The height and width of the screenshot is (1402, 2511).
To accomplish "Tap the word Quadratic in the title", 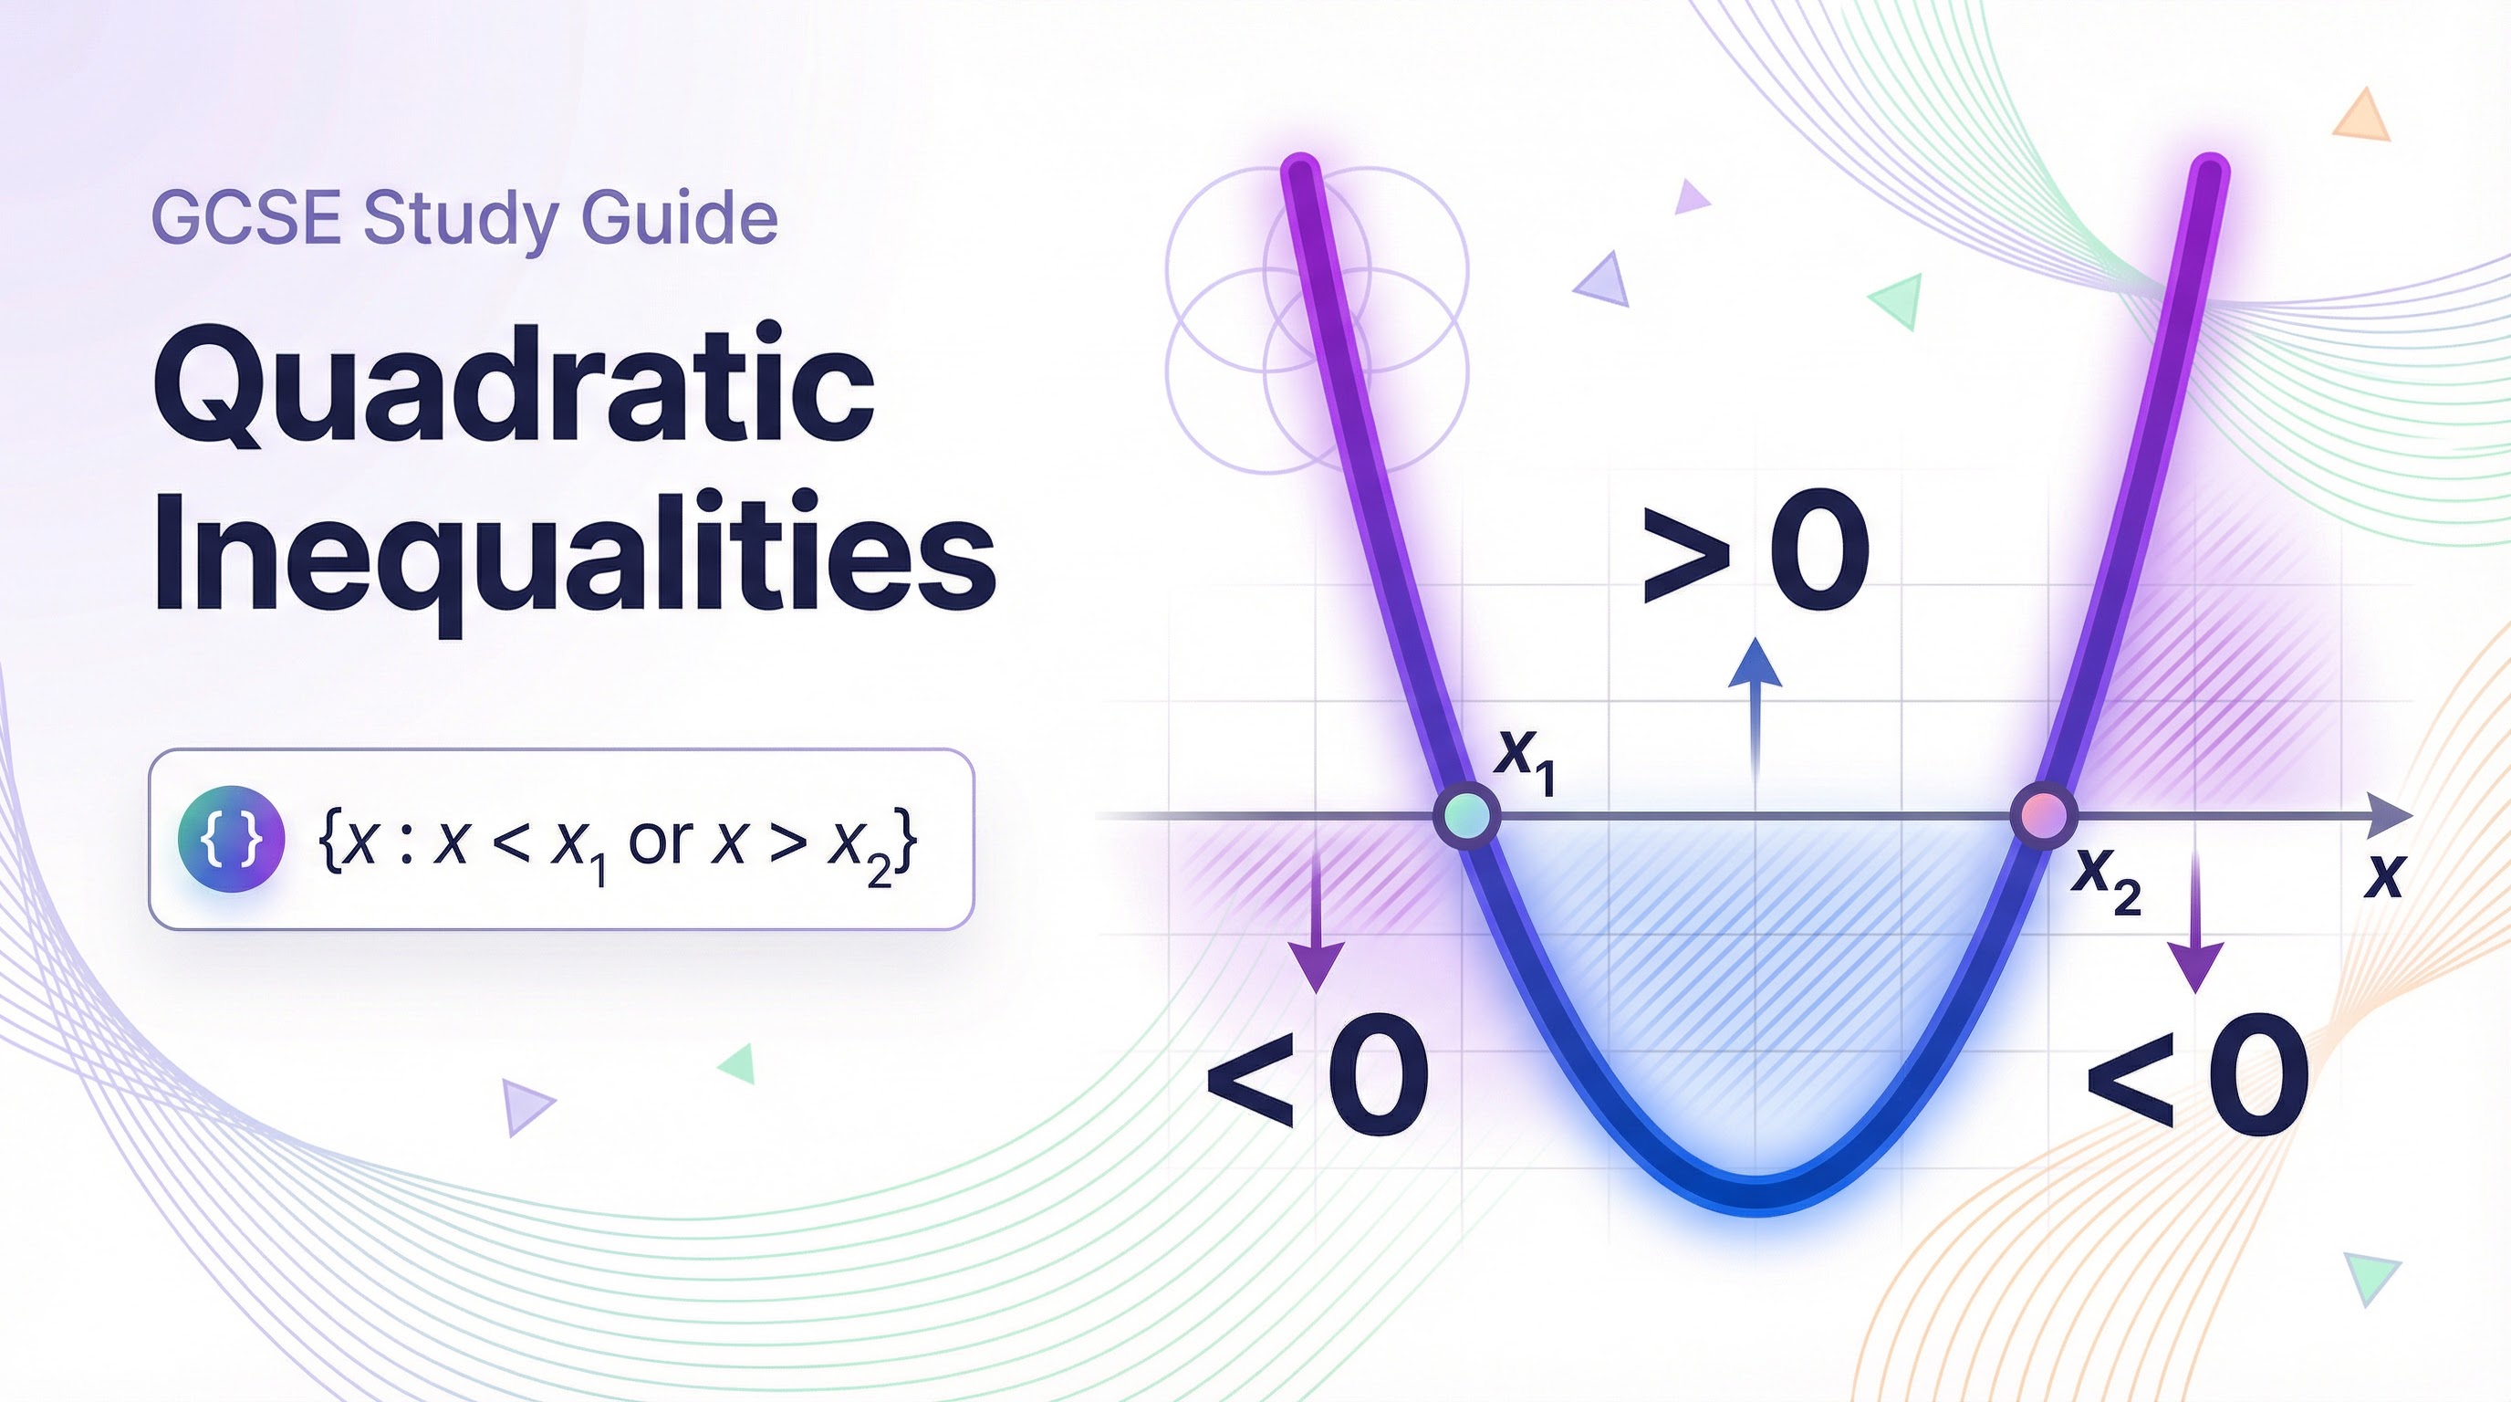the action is click(514, 387).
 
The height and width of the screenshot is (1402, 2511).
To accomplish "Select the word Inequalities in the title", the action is click(574, 552).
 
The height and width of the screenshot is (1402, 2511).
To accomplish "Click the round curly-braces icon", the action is click(231, 840).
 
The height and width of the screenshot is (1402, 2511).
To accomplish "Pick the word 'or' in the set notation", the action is click(661, 840).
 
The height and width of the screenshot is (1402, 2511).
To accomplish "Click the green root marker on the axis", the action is click(1467, 815).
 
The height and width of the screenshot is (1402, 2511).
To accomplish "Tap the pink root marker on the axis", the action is click(2044, 815).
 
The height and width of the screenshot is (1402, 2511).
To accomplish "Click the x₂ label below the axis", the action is click(2109, 881).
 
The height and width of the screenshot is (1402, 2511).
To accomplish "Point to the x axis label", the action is click(2384, 876).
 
